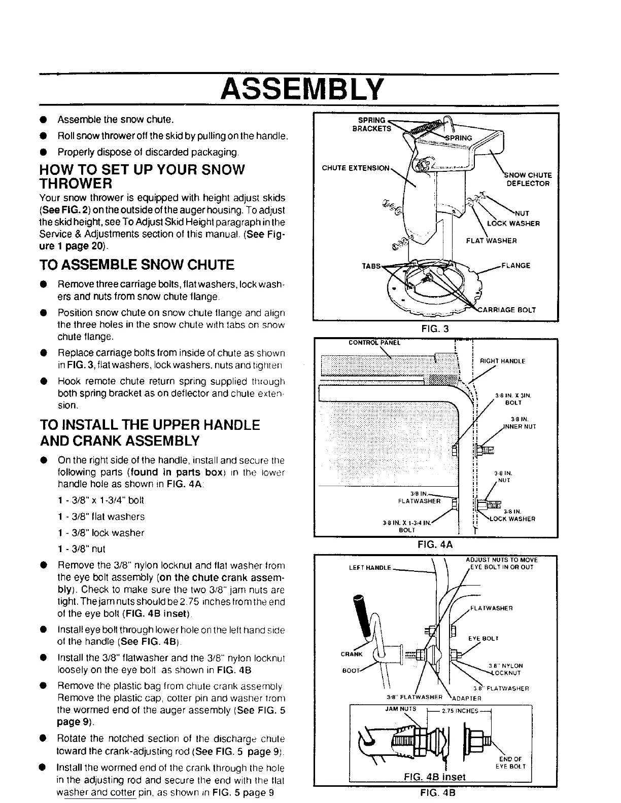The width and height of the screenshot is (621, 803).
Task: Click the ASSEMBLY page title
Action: pyautogui.click(x=300, y=90)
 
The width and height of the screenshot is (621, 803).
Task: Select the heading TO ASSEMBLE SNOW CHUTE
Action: pyautogui.click(x=137, y=265)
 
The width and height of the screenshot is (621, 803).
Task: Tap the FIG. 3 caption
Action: pyautogui.click(x=435, y=328)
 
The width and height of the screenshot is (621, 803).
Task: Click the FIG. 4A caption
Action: pyautogui.click(x=435, y=545)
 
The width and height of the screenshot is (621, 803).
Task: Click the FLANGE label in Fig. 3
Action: pyautogui.click(x=515, y=265)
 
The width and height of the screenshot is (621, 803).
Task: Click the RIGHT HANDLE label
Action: pyautogui.click(x=502, y=361)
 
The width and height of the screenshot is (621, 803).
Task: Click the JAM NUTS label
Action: pyautogui.click(x=401, y=709)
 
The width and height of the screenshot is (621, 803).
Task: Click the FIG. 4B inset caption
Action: pyautogui.click(x=435, y=776)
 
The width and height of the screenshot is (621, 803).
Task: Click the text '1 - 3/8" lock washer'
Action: pyautogui.click(x=101, y=533)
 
